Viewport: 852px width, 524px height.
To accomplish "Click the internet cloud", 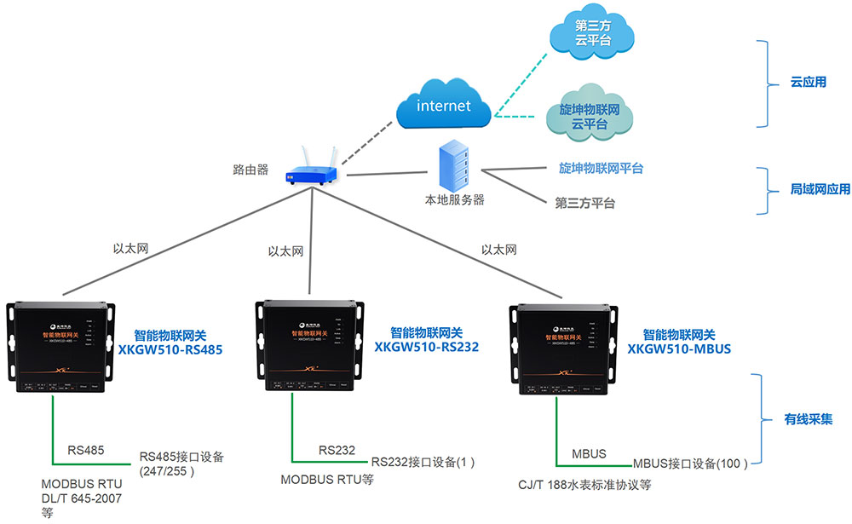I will tap(443, 106).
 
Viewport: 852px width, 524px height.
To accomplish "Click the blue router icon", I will tap(310, 170).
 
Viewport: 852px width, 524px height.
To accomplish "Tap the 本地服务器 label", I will tap(454, 200).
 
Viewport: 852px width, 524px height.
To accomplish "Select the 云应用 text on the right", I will tap(809, 83).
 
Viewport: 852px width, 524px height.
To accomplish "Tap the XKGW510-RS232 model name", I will tap(426, 347).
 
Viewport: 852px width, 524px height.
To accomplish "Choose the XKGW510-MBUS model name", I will tap(679, 349).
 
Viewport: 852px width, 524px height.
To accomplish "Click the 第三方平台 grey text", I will tap(584, 204).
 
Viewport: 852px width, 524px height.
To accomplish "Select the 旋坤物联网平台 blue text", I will tap(601, 169).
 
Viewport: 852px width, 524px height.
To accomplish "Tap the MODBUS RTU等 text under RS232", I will tap(327, 480).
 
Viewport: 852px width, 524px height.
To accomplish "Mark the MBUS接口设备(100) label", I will tap(690, 464).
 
